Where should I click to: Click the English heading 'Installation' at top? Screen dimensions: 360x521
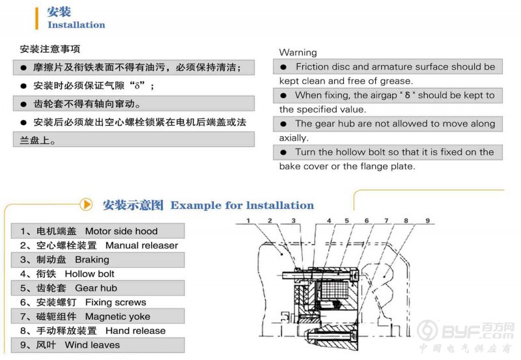[x=76, y=25]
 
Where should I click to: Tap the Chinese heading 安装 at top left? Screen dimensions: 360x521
[x=59, y=11]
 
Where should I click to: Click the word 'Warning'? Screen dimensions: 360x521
[x=298, y=52]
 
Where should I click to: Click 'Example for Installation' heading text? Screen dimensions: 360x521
[x=242, y=206]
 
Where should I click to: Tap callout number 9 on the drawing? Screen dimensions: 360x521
[x=428, y=222]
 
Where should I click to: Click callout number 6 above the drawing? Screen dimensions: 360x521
[x=367, y=222]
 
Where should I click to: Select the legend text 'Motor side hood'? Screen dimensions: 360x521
[x=121, y=231]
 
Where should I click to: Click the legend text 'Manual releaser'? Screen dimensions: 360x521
[x=141, y=245]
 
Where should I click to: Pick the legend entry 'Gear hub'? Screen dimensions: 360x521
[x=96, y=288]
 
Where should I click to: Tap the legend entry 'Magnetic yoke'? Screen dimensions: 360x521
[x=117, y=316]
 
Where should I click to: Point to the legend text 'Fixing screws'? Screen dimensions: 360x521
[x=115, y=302]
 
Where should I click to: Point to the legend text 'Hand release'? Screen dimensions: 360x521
[x=135, y=331]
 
